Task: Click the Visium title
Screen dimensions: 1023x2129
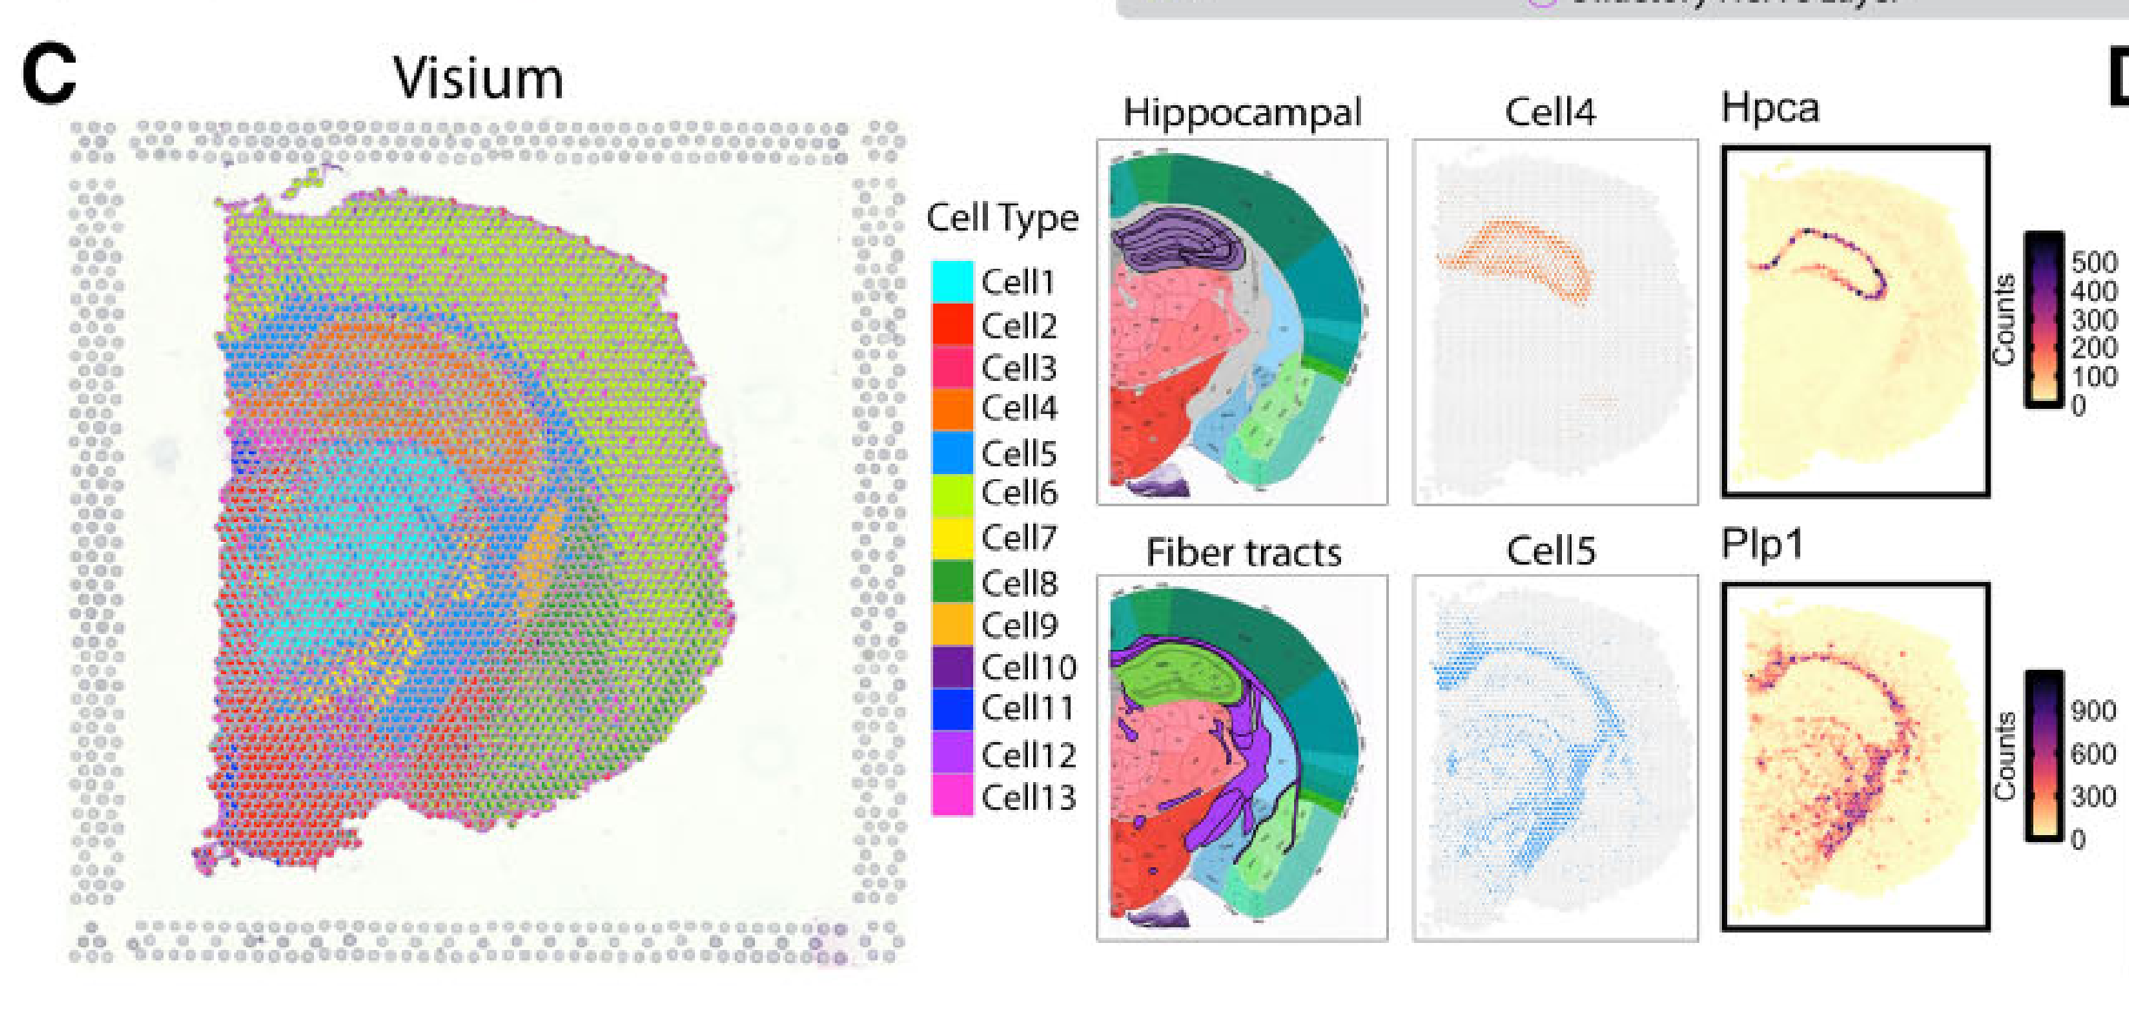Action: (477, 78)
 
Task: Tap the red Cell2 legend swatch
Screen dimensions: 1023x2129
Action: (952, 324)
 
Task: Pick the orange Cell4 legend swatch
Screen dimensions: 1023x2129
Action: (952, 409)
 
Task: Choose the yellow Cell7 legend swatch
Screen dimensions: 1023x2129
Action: (952, 538)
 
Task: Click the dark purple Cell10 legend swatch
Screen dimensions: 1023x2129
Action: (952, 667)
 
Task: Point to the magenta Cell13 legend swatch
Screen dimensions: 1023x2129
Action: (952, 796)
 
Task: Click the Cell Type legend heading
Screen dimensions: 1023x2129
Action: (1002, 217)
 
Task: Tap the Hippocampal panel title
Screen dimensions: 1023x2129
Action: (1242, 112)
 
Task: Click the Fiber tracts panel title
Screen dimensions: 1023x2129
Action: (1244, 552)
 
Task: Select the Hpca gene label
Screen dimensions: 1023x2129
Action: (1770, 108)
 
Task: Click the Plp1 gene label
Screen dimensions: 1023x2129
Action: (1762, 545)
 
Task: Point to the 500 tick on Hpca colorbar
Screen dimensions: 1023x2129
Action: (2093, 262)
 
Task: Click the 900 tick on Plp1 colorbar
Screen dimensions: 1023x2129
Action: (2092, 711)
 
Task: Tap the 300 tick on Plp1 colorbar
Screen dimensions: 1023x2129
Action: (2092, 796)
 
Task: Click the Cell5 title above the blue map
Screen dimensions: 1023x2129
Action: (1551, 551)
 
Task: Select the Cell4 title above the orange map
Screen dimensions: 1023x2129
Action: (1551, 112)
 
